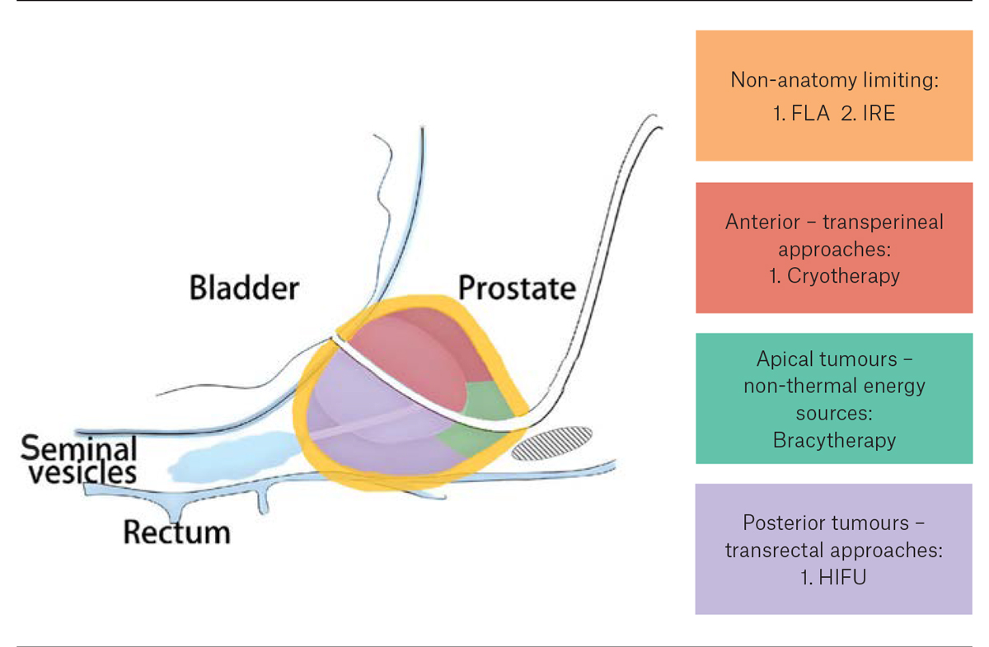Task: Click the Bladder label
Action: click(244, 288)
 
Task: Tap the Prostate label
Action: click(516, 288)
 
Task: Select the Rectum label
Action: click(176, 532)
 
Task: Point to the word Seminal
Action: click(79, 449)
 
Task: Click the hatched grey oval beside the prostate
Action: click(551, 443)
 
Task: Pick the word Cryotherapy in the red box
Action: click(843, 275)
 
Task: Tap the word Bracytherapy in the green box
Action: click(834, 439)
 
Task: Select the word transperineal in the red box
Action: click(887, 222)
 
